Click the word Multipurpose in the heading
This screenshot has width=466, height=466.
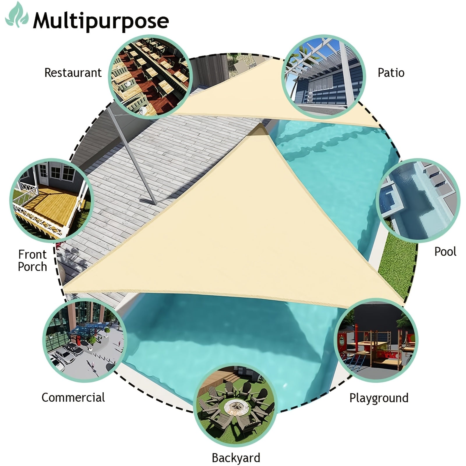(x=101, y=21)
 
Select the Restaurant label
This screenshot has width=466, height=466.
(x=73, y=73)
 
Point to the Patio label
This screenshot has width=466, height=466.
(x=391, y=73)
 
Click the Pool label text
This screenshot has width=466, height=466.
(x=445, y=251)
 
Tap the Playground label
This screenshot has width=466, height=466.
(x=379, y=398)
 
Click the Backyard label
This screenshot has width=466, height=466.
(x=236, y=458)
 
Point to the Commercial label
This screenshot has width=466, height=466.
(x=73, y=398)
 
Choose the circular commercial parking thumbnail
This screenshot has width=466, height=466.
(x=85, y=340)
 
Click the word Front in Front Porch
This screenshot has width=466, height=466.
(x=32, y=254)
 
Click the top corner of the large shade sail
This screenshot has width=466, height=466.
(x=260, y=123)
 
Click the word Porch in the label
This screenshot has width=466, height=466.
(x=32, y=266)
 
